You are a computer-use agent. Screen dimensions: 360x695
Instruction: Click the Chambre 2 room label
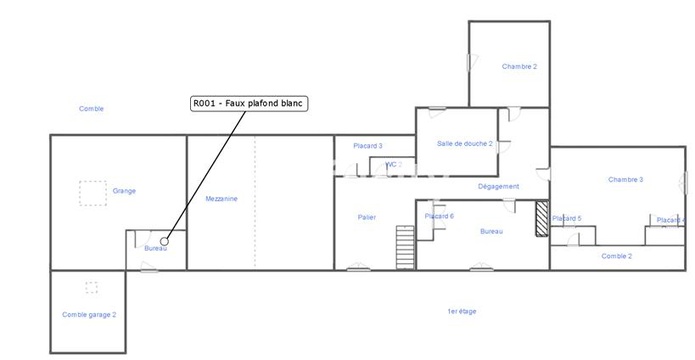pyautogui.click(x=519, y=66)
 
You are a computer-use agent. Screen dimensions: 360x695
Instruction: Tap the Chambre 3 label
pyautogui.click(x=625, y=179)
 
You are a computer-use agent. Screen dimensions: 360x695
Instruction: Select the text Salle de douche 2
pyautogui.click(x=465, y=143)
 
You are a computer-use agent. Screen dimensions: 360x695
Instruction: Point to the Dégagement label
pyautogui.click(x=498, y=186)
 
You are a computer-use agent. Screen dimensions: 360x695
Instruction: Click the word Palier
pyautogui.click(x=367, y=217)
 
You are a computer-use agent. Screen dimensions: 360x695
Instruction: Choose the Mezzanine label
pyautogui.click(x=221, y=198)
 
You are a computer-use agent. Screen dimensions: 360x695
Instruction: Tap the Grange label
pyautogui.click(x=124, y=190)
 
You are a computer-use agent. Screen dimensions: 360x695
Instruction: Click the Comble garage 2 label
pyautogui.click(x=89, y=314)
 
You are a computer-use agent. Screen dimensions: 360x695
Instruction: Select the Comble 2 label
pyautogui.click(x=617, y=256)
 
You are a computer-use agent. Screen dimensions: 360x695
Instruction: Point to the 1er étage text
pyautogui.click(x=462, y=311)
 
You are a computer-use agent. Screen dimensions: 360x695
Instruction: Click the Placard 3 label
pyautogui.click(x=368, y=146)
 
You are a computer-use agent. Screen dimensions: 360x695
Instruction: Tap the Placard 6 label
pyautogui.click(x=439, y=216)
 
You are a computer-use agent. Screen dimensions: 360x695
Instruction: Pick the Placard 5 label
pyautogui.click(x=566, y=217)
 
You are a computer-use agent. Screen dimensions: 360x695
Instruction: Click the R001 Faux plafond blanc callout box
pyautogui.click(x=249, y=103)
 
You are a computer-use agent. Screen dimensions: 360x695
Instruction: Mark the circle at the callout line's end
pyautogui.click(x=163, y=239)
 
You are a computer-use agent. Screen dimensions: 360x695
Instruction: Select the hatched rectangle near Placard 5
pyautogui.click(x=542, y=220)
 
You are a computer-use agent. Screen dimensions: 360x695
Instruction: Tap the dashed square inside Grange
pyautogui.click(x=93, y=190)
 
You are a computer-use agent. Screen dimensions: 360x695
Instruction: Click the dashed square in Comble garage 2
pyautogui.click(x=91, y=287)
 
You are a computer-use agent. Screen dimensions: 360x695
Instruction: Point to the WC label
pyautogui.click(x=393, y=163)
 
